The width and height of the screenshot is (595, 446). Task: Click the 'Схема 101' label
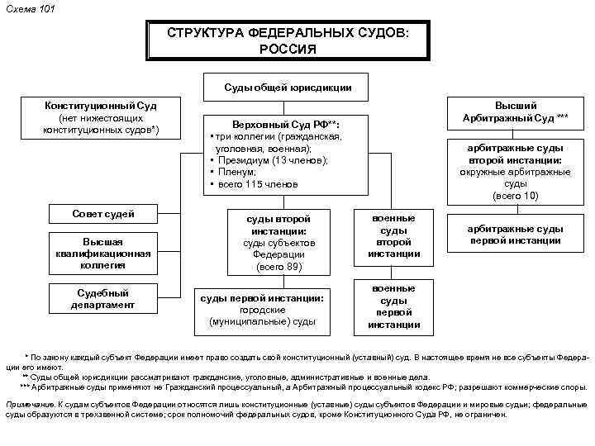[26, 8]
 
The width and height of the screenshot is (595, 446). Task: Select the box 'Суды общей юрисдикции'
[288, 88]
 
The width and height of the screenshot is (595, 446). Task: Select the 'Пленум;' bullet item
[240, 172]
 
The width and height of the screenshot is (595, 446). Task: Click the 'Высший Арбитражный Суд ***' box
[516, 111]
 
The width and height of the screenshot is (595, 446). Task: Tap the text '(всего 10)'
[515, 196]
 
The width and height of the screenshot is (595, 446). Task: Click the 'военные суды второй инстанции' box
[393, 235]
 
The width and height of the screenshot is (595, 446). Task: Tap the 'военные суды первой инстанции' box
[393, 306]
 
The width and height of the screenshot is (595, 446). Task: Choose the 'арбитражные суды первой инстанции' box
[515, 235]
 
